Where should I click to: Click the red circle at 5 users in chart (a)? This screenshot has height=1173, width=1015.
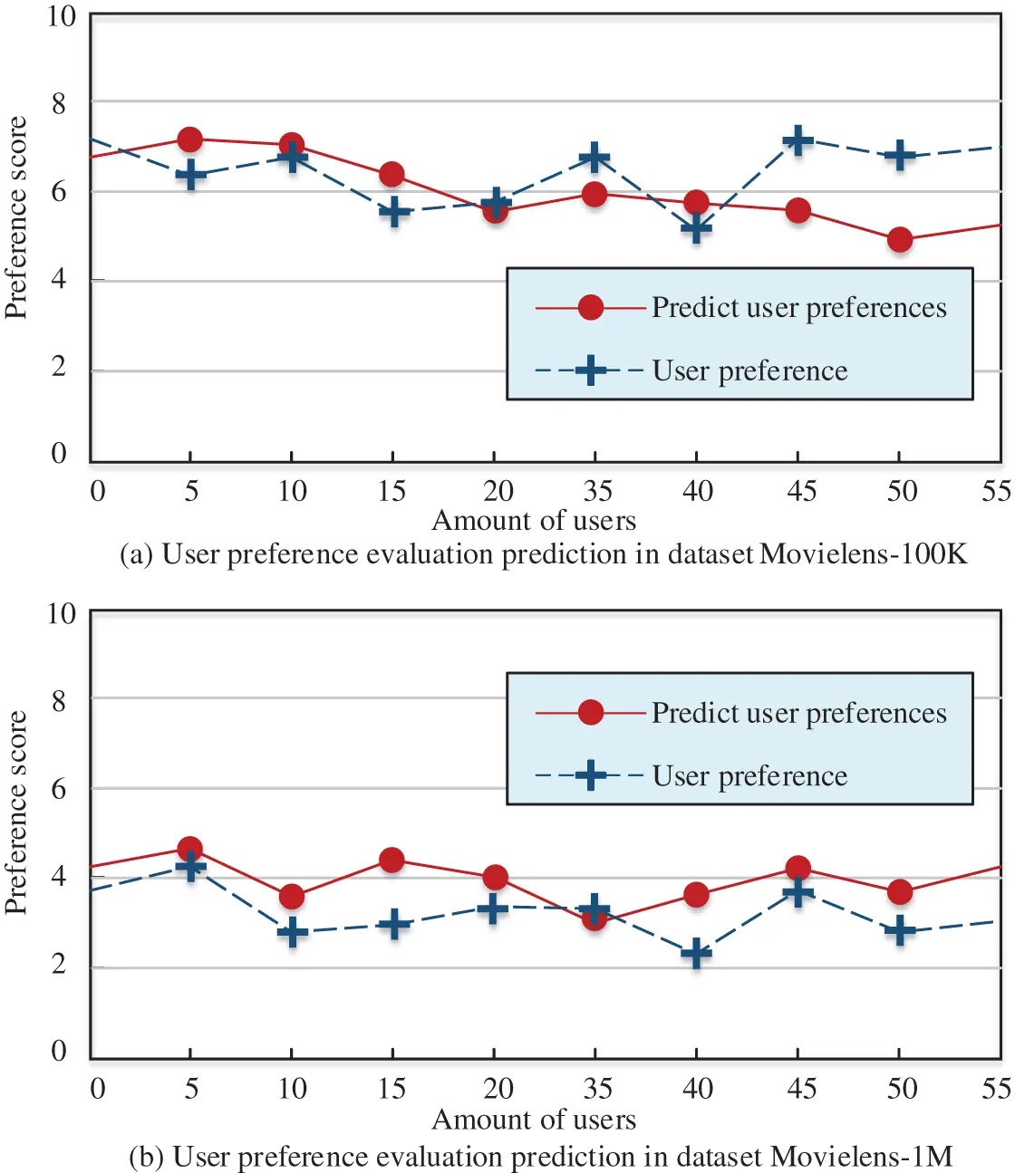(189, 139)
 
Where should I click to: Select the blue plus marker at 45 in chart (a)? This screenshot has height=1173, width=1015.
(797, 140)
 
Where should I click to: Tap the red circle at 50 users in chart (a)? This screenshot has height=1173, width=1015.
(900, 239)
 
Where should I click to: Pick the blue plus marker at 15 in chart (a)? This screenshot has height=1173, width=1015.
(393, 212)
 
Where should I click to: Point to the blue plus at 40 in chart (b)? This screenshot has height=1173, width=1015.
(696, 953)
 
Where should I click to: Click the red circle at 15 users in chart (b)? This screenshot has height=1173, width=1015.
(391, 861)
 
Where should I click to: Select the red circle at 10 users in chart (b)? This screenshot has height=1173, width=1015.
(292, 897)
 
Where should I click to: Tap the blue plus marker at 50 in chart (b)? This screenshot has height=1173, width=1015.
(900, 930)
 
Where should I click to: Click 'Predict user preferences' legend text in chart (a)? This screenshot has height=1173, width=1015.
(798, 308)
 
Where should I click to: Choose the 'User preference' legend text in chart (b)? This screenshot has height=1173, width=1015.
(749, 775)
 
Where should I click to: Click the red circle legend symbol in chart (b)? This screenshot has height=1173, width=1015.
(590, 712)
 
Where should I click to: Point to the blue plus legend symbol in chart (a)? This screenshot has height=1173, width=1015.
(590, 370)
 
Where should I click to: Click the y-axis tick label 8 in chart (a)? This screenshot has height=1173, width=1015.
(59, 103)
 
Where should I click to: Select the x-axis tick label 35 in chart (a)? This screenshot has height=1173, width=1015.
(597, 491)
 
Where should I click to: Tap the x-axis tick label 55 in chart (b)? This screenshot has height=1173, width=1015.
(997, 1088)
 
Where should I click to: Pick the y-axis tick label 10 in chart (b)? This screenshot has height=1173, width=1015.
(62, 613)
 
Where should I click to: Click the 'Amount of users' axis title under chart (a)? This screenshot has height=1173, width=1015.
(534, 521)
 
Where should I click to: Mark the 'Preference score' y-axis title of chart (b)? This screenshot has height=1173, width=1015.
(16, 812)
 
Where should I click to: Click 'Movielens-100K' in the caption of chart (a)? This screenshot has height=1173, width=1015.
(863, 553)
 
